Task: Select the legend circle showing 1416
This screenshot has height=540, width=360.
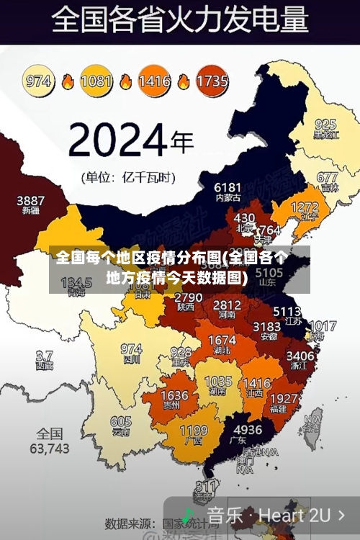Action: click(x=154, y=81)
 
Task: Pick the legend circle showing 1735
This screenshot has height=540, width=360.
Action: click(x=212, y=81)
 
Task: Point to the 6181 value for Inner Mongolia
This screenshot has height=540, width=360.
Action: click(x=228, y=187)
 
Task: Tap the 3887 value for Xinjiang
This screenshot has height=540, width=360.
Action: click(x=30, y=200)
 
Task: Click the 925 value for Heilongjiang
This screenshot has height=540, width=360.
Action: click(x=325, y=124)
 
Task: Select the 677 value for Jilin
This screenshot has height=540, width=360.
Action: click(x=327, y=177)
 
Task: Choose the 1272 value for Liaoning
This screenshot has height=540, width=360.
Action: click(x=304, y=207)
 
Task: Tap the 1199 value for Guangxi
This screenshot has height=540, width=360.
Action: click(x=193, y=431)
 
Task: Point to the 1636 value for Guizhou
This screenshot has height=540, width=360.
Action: click(x=174, y=396)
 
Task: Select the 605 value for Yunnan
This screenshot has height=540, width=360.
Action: click(x=121, y=422)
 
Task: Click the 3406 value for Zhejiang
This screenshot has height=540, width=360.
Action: click(x=300, y=356)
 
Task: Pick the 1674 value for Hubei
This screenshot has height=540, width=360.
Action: click(x=221, y=341)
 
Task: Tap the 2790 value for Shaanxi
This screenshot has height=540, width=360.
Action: click(x=189, y=297)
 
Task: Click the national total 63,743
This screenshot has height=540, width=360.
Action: click(x=49, y=449)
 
